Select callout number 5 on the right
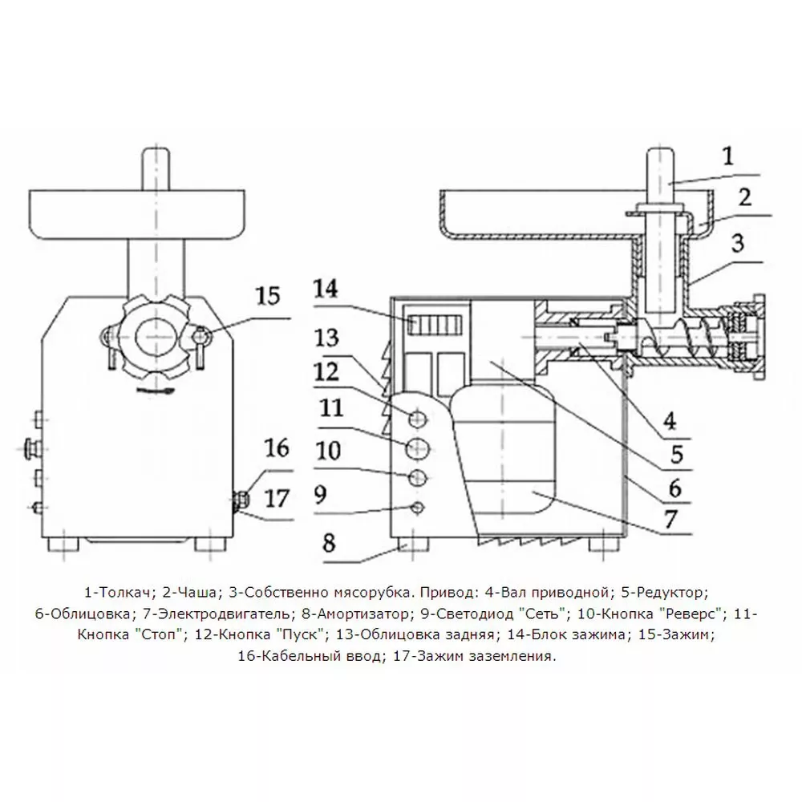(x=677, y=455)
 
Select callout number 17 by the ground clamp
(x=277, y=498)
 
